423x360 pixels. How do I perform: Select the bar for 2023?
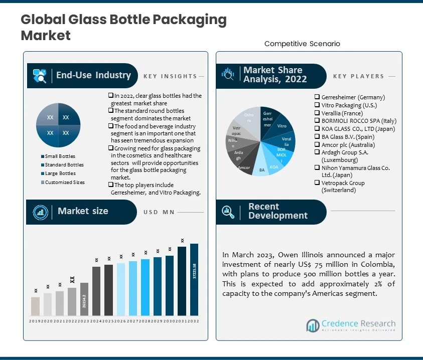84,299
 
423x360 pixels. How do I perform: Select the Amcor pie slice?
244,166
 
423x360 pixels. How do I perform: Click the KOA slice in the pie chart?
274,166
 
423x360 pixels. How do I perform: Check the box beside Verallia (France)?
318,113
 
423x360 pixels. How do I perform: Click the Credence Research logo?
351,325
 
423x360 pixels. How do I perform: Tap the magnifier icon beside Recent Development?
228,212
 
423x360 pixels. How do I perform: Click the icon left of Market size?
40,212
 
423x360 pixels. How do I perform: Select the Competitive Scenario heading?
302,44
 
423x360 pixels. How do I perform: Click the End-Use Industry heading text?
93,76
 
